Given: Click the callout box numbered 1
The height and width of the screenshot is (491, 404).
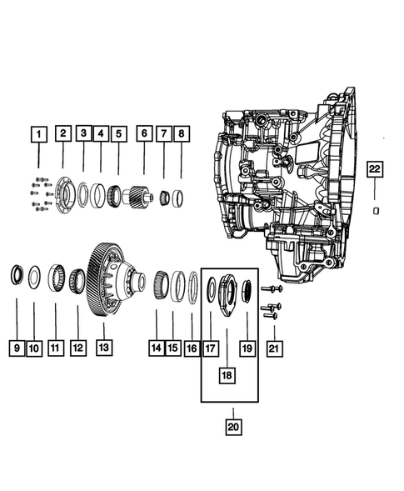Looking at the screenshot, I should tap(37, 133).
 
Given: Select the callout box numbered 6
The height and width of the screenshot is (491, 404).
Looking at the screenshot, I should tap(143, 133).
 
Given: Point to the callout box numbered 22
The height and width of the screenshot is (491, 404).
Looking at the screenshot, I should tap(375, 169).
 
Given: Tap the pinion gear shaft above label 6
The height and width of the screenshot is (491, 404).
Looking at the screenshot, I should tap(138, 198).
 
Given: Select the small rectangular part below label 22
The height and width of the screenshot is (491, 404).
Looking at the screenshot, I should tap(376, 210).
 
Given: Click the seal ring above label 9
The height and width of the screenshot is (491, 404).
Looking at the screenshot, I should tap(16, 275).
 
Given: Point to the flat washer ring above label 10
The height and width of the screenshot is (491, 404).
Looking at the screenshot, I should tap(34, 276).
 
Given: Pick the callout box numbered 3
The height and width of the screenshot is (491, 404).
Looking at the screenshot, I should tap(82, 133).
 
